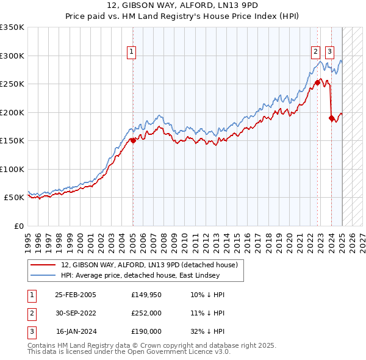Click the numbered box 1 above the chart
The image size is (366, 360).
132,52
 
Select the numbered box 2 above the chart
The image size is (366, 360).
316,52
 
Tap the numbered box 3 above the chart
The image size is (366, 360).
329,52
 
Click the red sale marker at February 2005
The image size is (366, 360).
133,140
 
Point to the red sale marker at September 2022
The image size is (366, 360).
318,82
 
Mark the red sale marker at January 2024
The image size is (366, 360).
331,118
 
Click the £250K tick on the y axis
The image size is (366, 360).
12,84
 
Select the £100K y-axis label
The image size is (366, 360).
12,169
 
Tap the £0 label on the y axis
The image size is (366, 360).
18,226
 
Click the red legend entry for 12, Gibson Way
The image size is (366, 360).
152,265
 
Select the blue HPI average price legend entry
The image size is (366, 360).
152,275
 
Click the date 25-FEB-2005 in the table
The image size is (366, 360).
76,295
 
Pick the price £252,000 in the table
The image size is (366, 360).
146,313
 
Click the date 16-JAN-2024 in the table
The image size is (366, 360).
76,331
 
